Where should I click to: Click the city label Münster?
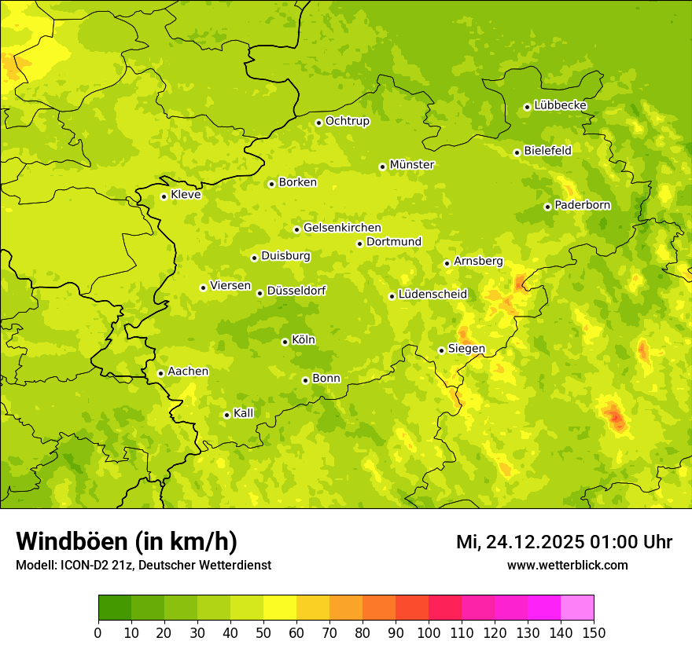(412, 165)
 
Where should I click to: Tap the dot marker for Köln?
(285, 342)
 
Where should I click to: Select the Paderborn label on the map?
(582, 205)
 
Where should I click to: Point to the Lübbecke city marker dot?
(527, 107)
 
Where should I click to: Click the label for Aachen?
(188, 372)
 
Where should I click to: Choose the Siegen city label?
(466, 349)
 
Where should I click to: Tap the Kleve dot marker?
(164, 196)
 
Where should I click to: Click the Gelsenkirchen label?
(342, 228)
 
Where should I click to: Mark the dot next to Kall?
(226, 415)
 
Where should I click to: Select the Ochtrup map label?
(347, 121)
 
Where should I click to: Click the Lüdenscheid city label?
(432, 295)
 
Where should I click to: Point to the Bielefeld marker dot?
(517, 152)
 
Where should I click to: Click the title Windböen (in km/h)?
(127, 542)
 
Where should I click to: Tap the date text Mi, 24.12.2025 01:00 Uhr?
(564, 542)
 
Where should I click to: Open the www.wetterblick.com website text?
(567, 565)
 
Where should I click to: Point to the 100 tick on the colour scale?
(429, 632)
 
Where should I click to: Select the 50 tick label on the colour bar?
(263, 632)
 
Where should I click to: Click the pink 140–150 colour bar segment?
(577, 608)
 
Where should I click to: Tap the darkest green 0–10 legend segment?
(115, 608)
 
